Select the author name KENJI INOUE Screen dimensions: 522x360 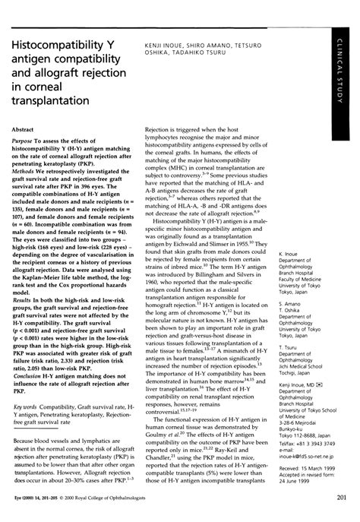(x=160, y=47)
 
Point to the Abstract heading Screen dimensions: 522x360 (x=29, y=130)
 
